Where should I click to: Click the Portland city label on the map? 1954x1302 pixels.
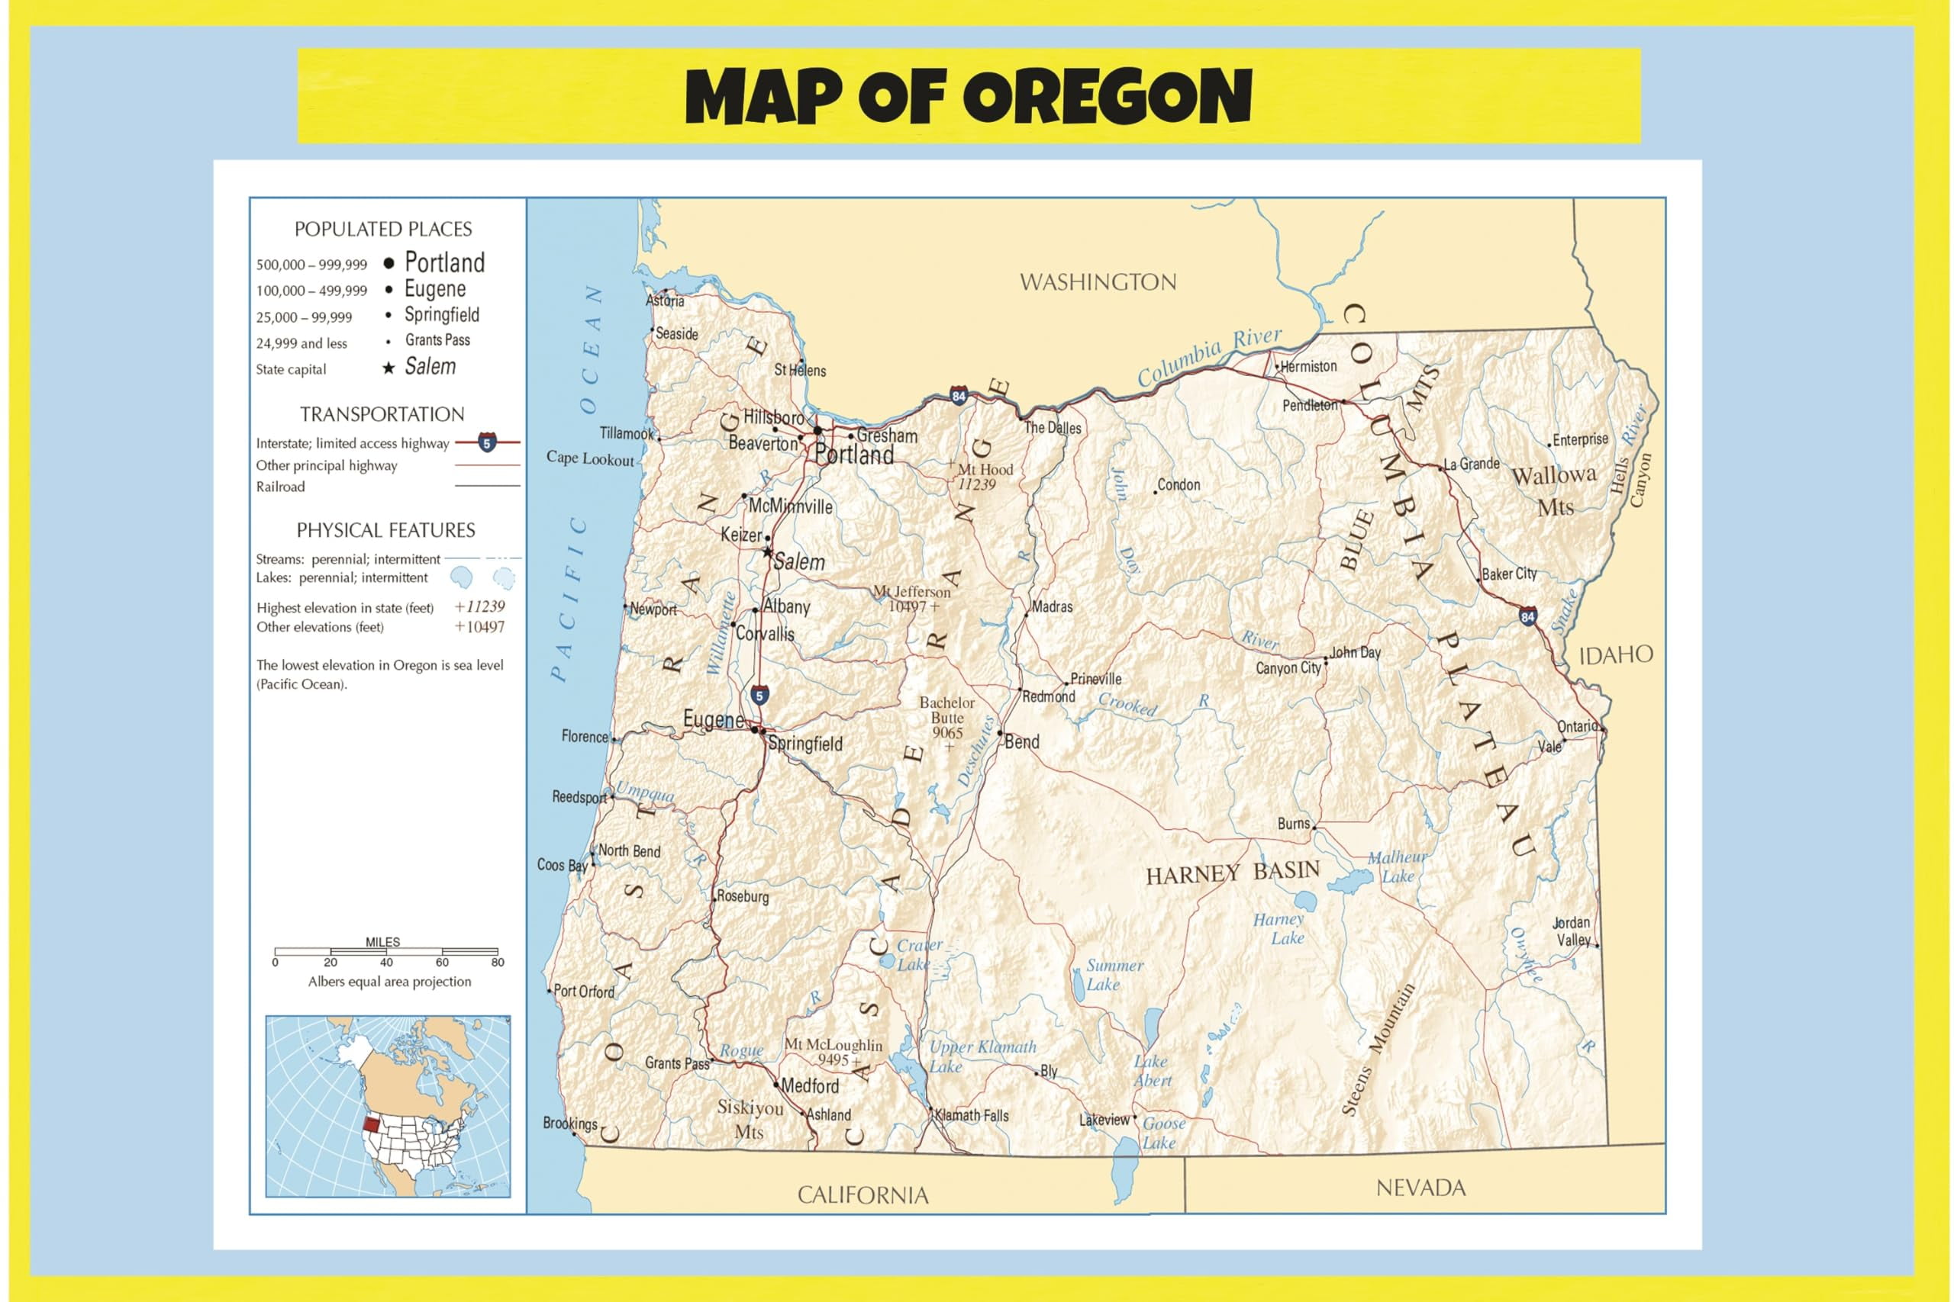(x=853, y=455)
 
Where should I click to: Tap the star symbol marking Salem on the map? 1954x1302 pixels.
(x=768, y=552)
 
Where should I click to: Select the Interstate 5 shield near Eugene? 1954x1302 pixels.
(x=759, y=695)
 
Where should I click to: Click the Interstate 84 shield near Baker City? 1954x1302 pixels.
(x=1527, y=616)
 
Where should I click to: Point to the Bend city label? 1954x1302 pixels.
(x=1022, y=741)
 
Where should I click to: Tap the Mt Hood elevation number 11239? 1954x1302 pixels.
(x=976, y=485)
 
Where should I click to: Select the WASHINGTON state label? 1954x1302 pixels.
(x=1098, y=282)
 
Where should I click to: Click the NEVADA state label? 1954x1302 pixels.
(x=1420, y=1188)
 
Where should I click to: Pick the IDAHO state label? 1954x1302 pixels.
(x=1615, y=655)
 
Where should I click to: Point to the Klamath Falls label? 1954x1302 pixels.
(x=971, y=1115)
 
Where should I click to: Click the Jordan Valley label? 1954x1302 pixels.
(x=1572, y=931)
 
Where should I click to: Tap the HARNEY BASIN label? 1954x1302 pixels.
(x=1232, y=873)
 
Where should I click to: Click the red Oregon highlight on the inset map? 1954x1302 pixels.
(x=370, y=1127)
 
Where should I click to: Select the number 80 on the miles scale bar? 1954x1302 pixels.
(x=497, y=963)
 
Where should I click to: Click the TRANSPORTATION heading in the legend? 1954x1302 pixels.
(x=382, y=414)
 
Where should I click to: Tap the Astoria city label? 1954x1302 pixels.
(x=666, y=301)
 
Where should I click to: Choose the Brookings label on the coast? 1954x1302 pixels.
(x=569, y=1123)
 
